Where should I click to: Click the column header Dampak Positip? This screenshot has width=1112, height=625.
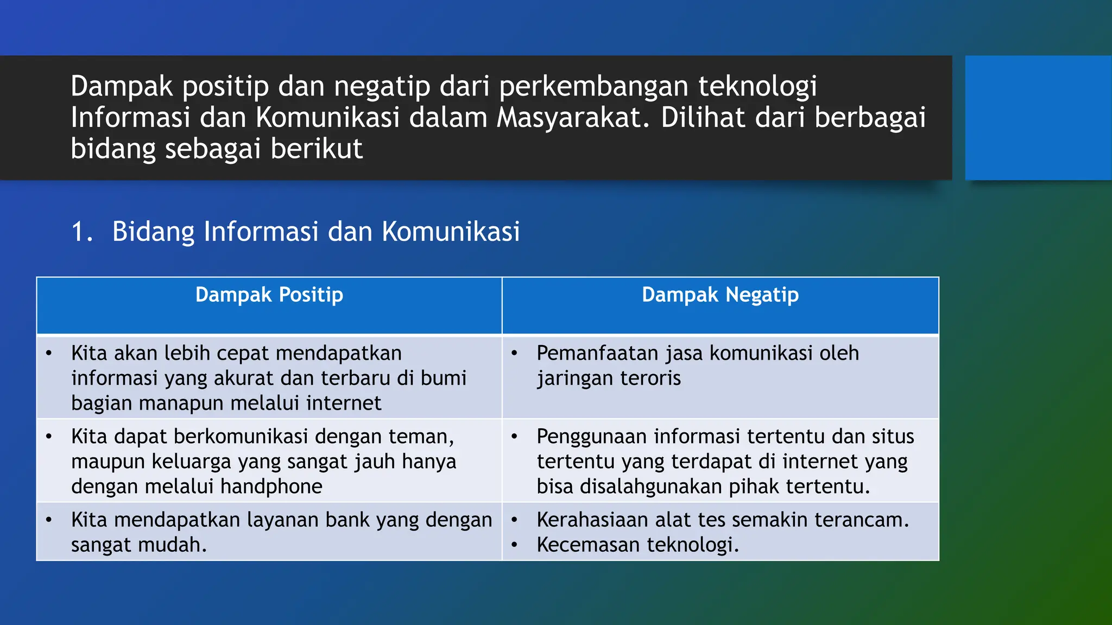269,295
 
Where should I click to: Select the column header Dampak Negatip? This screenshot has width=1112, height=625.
720,295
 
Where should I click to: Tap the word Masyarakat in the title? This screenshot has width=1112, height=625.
572,118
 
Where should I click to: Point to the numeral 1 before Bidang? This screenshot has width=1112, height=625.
79,232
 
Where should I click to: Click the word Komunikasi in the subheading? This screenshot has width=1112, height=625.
451,232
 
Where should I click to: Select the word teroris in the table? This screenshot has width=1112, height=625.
650,378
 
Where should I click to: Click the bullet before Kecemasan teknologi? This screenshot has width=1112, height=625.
514,545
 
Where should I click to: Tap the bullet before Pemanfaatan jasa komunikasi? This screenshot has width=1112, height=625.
514,354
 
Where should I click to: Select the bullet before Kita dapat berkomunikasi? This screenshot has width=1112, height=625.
49,437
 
